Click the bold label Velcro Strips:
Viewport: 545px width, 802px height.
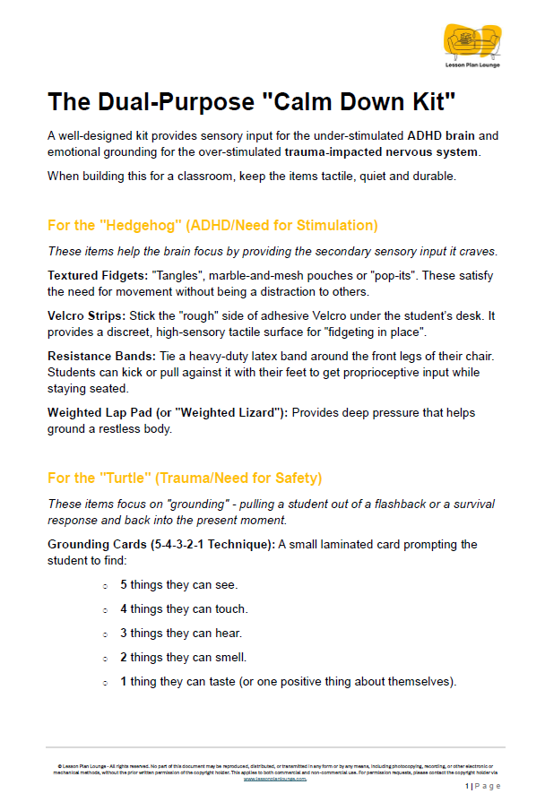[x=92, y=315]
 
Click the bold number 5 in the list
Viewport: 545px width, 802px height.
[x=124, y=585]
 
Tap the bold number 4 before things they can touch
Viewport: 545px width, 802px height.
[x=124, y=609]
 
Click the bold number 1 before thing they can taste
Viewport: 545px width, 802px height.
[x=124, y=682]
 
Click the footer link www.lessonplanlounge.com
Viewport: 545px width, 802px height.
[x=275, y=779]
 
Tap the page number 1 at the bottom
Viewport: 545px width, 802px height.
[x=467, y=786]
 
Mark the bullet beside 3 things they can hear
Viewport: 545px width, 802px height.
[x=106, y=634]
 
